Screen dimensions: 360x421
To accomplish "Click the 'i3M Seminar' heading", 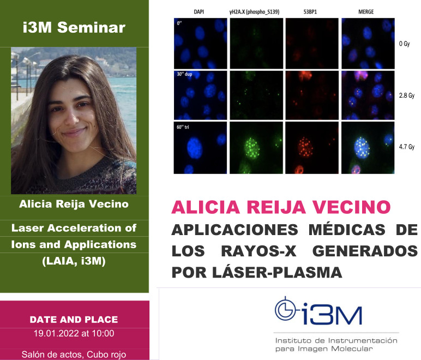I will point(74,27).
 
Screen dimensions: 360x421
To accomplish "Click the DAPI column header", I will point(199,11).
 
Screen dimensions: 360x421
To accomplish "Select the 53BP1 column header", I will point(311,11).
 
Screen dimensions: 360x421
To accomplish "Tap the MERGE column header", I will point(365,11).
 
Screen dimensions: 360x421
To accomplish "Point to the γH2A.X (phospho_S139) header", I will point(255,11).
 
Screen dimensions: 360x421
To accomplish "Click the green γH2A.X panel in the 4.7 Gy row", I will point(255,147).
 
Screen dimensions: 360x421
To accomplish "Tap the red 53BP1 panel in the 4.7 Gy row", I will point(311,147).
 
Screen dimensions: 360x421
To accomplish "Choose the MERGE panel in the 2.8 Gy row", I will point(366,95).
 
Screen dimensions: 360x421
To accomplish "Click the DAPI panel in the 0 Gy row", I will point(200,44).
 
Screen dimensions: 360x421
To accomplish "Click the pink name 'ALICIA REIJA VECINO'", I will point(281,207).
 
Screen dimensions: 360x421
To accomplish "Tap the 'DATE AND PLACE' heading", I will point(74,320).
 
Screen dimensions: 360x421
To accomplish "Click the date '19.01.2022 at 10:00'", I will point(74,333).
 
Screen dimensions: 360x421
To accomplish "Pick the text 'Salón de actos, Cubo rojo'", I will point(74,355).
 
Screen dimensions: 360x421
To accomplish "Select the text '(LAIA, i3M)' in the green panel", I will point(74,261).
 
